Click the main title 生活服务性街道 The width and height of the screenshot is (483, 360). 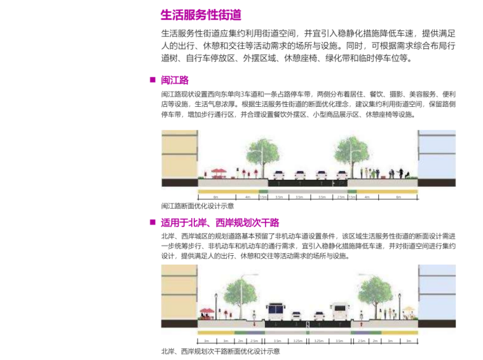pyautogui.click(x=201, y=15)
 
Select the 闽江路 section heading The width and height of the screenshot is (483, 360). pyautogui.click(x=175, y=80)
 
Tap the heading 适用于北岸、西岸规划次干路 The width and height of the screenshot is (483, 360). pyautogui.click(x=220, y=223)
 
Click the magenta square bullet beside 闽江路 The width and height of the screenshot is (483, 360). pyautogui.click(x=153, y=80)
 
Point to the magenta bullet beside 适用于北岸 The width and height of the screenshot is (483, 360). pyautogui.click(x=153, y=223)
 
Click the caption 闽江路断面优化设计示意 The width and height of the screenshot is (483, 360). pyautogui.click(x=198, y=206)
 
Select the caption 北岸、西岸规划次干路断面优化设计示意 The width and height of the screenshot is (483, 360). pyautogui.click(x=220, y=351)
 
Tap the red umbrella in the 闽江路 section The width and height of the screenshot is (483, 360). pyautogui.click(x=218, y=172)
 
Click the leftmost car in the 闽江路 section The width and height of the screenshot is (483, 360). pyautogui.click(x=280, y=176)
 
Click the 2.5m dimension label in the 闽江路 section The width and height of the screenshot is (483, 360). pyautogui.click(x=341, y=198)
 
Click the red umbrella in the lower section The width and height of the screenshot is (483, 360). pyautogui.click(x=207, y=311)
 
